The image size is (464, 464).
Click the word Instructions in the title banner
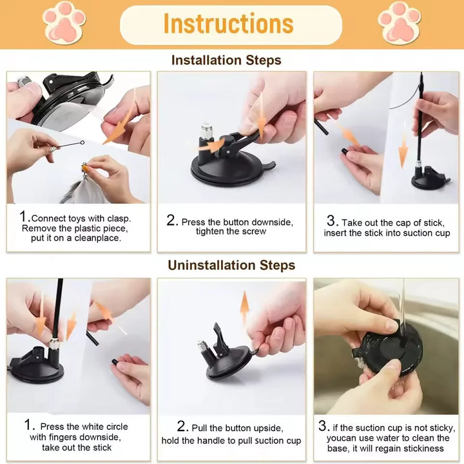coord(228,24)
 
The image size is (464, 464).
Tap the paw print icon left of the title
coord(64,22)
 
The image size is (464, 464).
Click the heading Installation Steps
coord(226,61)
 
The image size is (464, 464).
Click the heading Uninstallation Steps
coord(231,266)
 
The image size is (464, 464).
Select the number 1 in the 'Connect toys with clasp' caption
coord(24,217)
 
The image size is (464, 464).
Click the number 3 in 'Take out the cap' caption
coord(331,221)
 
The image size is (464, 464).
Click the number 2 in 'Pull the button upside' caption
coord(182,427)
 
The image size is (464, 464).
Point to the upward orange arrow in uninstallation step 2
coord(245,307)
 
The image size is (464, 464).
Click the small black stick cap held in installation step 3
coord(345,151)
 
